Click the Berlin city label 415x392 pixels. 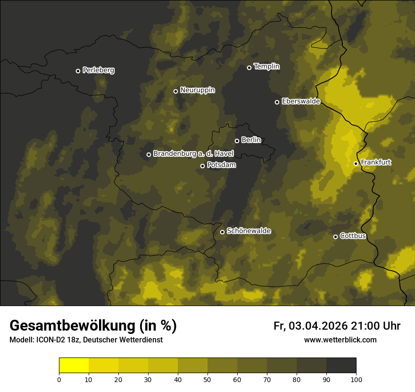click(x=251, y=140)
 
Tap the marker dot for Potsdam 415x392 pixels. click(x=203, y=166)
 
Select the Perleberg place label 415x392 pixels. click(x=98, y=70)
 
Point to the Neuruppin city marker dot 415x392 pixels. click(x=175, y=91)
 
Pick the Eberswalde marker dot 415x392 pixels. click(x=277, y=102)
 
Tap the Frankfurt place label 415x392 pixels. click(x=376, y=162)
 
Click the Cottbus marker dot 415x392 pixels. click(x=336, y=237)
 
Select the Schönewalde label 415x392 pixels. click(x=249, y=231)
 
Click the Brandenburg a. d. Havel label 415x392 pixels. click(x=193, y=153)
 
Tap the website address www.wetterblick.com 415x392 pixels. click(x=340, y=340)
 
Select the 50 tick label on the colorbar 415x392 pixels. click(x=207, y=379)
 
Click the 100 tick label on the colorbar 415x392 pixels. click(x=356, y=379)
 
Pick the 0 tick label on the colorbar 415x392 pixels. click(x=59, y=379)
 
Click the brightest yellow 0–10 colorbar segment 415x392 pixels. click(x=74, y=366)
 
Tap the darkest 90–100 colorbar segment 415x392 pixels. click(x=341, y=366)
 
